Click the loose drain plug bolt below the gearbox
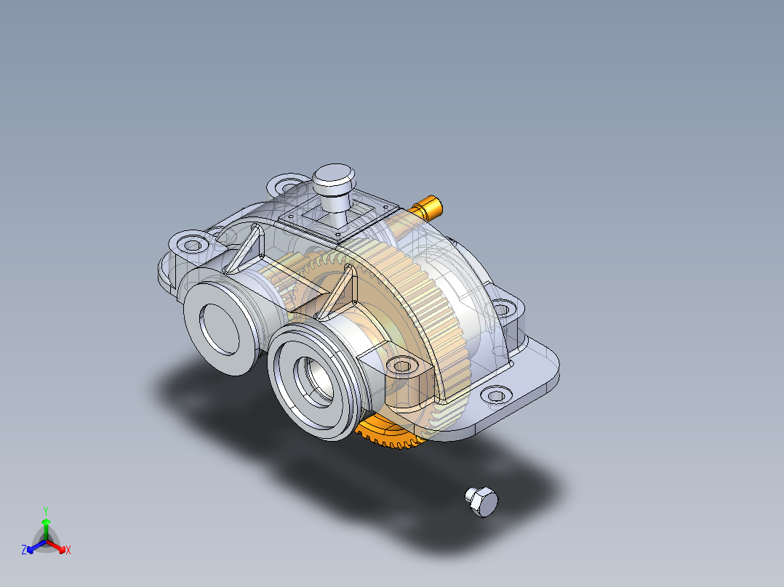pyautogui.click(x=482, y=502)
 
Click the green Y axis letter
pyautogui.click(x=45, y=511)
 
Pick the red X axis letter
pyautogui.click(x=68, y=551)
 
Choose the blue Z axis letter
pyautogui.click(x=24, y=551)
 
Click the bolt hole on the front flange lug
pyautogui.click(x=401, y=365)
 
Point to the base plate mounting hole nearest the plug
pyautogui.click(x=495, y=396)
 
